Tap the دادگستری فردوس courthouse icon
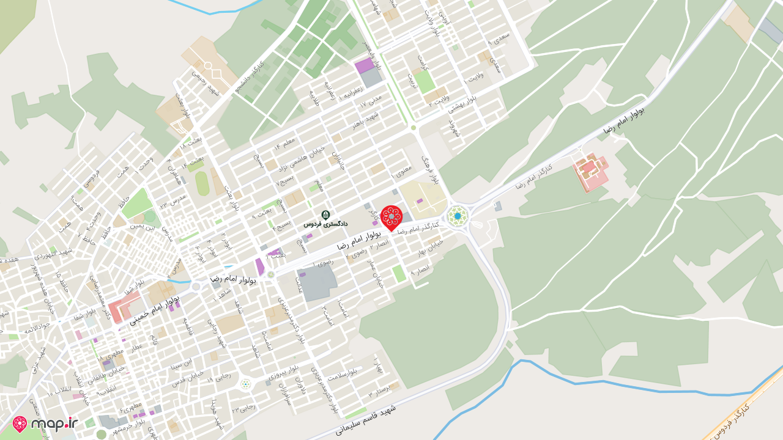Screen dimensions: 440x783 click(325, 215)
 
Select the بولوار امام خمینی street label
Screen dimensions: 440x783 click(155, 310)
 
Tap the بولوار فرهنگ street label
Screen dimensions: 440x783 click(431, 169)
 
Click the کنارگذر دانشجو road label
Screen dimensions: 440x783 click(251, 79)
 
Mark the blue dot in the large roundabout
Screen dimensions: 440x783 click(458, 216)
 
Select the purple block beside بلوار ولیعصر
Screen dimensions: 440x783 click(364, 65)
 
